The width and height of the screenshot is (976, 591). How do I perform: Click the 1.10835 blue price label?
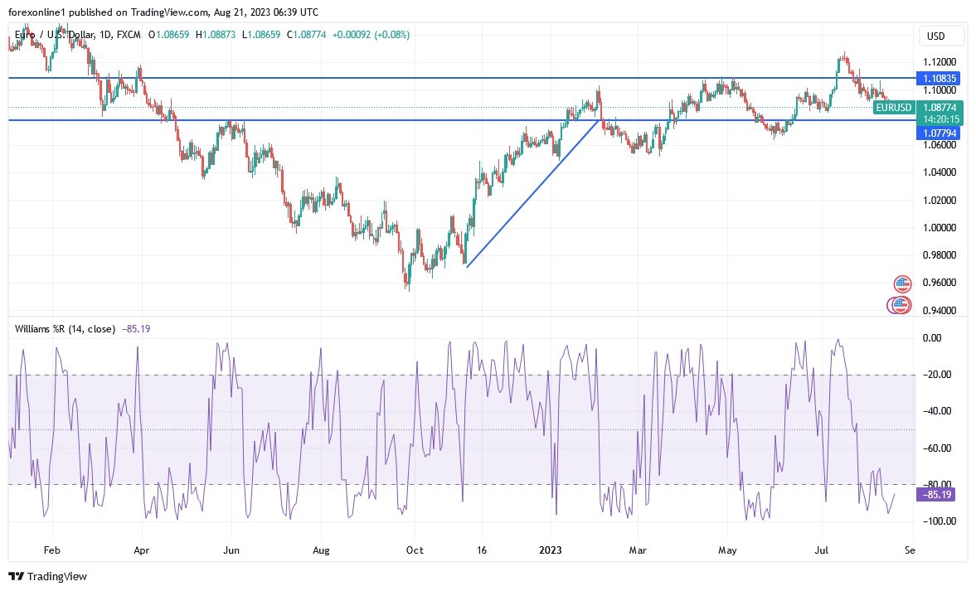[940, 78]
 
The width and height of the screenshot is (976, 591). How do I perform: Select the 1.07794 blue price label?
[940, 133]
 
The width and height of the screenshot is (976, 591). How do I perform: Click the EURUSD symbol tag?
[893, 108]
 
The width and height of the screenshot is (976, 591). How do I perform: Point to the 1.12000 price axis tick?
[940, 62]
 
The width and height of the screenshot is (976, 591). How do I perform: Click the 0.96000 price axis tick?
[940, 283]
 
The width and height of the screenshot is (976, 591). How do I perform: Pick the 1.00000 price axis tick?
[940, 228]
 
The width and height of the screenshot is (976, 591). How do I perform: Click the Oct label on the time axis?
[415, 550]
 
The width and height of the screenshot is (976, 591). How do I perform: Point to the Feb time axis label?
[51, 550]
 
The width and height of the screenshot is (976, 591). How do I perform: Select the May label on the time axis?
[727, 550]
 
